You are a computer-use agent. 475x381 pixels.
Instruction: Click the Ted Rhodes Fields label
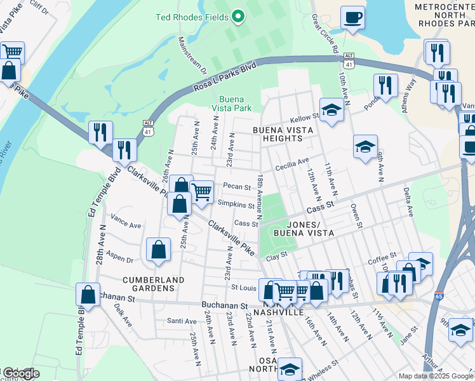click(192, 17)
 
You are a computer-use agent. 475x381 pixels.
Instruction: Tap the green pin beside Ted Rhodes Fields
click(238, 16)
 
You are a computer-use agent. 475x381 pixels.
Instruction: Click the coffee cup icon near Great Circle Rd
click(352, 18)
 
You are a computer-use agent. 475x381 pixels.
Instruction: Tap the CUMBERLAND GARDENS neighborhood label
click(154, 284)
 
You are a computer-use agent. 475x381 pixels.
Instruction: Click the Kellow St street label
click(304, 118)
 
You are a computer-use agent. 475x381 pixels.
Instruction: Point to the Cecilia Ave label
click(292, 166)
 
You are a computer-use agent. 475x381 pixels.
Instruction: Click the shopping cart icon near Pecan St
click(202, 190)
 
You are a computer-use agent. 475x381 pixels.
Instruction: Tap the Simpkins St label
click(236, 204)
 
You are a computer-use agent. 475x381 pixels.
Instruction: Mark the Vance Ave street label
click(126, 224)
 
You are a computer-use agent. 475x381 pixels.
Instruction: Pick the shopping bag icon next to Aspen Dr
click(158, 250)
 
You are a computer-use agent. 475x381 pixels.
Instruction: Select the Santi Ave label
click(181, 321)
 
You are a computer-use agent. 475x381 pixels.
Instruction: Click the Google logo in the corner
click(22, 373)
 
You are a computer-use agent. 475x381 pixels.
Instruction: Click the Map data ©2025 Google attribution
click(436, 376)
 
